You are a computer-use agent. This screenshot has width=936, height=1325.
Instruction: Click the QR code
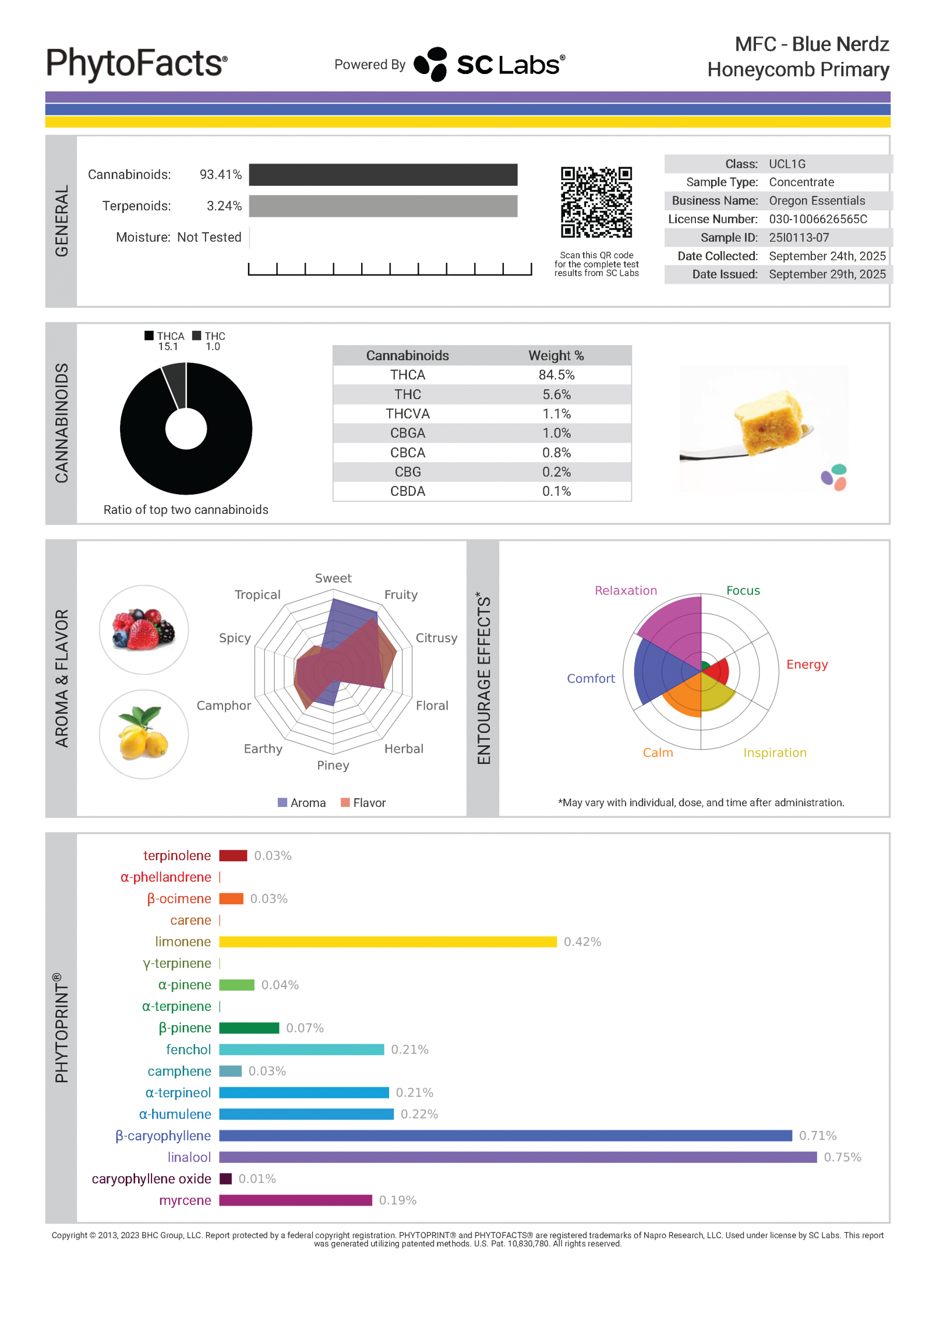596,202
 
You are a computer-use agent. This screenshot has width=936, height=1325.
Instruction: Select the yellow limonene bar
387,942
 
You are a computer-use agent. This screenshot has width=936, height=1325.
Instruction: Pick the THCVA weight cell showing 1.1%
556,414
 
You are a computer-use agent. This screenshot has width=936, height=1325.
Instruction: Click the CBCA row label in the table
407,452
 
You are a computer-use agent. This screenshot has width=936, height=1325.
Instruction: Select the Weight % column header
556,356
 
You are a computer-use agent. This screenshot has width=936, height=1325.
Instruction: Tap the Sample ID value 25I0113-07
799,237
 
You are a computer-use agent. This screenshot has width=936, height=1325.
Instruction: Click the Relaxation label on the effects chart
626,591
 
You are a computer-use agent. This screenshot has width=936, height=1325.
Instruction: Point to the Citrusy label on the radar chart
436,638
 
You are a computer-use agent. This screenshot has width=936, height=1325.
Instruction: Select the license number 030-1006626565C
818,219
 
